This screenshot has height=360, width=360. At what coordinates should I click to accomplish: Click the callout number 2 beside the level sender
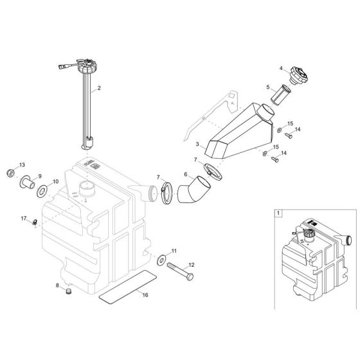tap(98, 87)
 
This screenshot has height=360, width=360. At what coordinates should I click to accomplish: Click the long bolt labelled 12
tap(183, 265)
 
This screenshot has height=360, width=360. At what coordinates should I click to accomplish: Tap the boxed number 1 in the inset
tap(278, 212)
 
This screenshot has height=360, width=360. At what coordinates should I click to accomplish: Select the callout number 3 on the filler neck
tap(198, 146)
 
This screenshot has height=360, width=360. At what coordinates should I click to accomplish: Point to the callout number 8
tap(57, 285)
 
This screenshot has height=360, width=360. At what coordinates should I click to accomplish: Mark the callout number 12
tap(190, 247)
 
